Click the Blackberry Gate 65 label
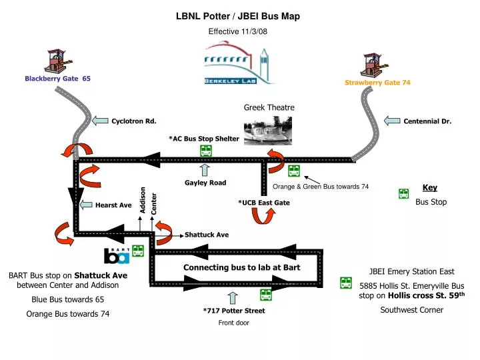(x=57, y=79)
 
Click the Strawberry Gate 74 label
(x=377, y=83)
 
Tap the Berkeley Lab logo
(x=239, y=63)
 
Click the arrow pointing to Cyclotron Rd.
(x=99, y=121)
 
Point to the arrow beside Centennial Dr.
(x=393, y=121)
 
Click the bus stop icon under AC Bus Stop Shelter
(x=206, y=151)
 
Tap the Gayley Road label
(x=205, y=183)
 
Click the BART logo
(x=116, y=255)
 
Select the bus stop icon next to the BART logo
(x=137, y=251)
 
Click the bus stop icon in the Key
(x=403, y=194)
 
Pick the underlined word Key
(x=430, y=188)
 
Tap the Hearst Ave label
(x=113, y=205)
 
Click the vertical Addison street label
(x=142, y=201)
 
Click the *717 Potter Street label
(x=233, y=311)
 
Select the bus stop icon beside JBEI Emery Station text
(x=345, y=283)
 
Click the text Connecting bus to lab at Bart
(x=241, y=267)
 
